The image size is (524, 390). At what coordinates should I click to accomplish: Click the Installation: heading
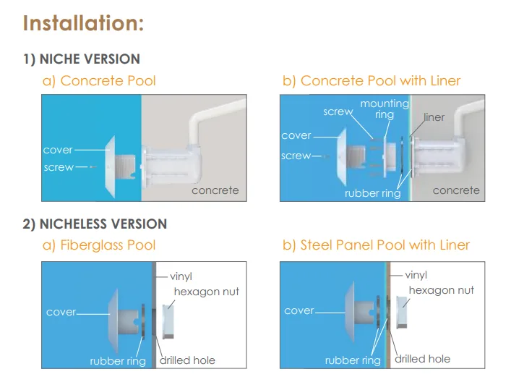[83, 23]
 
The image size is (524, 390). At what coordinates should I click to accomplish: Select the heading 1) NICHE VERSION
[82, 59]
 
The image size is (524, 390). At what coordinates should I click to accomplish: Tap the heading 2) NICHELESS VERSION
[95, 224]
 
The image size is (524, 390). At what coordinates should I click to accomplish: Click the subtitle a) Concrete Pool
[99, 81]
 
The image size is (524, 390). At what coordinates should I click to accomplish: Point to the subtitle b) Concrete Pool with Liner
[371, 81]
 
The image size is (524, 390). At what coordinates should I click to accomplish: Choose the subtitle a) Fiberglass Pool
[99, 245]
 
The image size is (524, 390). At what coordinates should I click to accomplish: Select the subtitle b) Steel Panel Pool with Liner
[376, 245]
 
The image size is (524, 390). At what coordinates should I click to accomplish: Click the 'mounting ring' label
[385, 109]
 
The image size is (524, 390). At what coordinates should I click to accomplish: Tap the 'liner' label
[434, 117]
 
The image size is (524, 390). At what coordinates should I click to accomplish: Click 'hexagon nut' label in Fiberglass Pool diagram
[207, 292]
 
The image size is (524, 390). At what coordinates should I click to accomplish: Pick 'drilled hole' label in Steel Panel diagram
[422, 359]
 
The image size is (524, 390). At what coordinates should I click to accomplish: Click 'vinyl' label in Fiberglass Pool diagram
[181, 276]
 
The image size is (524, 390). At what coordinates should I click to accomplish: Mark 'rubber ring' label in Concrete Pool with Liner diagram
[373, 193]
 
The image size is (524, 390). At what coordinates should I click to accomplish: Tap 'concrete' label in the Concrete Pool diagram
[215, 190]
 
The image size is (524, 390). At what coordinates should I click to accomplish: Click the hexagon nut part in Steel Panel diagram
[402, 312]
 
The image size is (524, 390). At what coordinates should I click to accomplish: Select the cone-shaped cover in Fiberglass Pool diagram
[113, 321]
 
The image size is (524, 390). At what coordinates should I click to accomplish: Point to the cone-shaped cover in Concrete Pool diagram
[111, 166]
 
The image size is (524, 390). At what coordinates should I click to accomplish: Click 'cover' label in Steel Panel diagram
[299, 310]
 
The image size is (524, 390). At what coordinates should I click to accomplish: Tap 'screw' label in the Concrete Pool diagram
[59, 167]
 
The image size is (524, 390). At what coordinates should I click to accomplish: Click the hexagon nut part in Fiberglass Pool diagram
[168, 321]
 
